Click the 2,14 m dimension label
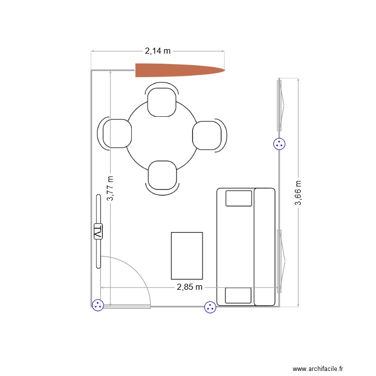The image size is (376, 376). point(157,51)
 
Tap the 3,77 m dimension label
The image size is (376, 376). point(110,188)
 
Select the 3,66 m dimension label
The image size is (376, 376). point(298,193)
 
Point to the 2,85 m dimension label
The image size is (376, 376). point(190,287)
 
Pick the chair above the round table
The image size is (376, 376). point(161,102)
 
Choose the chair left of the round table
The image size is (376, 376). point(116,134)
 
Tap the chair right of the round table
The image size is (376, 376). point(208,135)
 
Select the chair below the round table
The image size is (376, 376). point(162,175)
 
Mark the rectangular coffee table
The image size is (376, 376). point(187,256)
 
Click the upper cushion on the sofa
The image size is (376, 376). point(239,198)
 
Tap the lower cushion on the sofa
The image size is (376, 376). point(238,295)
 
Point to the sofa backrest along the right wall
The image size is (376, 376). point(265,247)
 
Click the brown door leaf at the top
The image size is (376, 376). point(179,71)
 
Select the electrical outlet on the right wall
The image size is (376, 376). point(279,144)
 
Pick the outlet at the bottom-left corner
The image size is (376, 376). point(98,304)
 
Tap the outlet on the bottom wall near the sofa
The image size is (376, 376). point(210,307)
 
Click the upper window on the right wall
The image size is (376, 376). point(280,105)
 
